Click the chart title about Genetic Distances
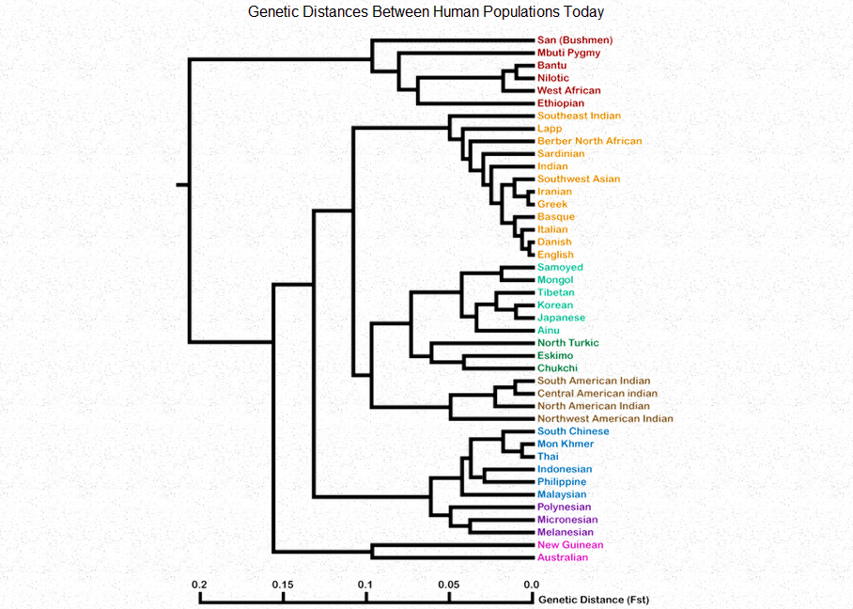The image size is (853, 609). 426,12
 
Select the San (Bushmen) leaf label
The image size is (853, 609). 575,40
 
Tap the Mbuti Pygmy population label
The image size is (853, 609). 568,54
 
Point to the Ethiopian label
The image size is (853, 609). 561,103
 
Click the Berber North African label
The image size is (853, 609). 590,141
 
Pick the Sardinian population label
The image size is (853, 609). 561,154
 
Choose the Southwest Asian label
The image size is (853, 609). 579,179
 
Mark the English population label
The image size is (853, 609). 555,255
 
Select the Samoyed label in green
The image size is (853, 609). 560,268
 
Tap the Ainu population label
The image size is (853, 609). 549,331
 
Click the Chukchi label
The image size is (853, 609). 556,368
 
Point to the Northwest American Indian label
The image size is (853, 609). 605,419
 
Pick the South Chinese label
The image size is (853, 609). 573,431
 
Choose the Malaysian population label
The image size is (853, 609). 562,494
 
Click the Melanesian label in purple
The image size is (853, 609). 566,532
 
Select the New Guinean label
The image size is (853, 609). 570,545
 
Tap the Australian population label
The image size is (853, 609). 563,557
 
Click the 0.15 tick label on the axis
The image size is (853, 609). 283,585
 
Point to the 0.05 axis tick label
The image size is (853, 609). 448,585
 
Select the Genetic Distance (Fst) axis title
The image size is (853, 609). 593,600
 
